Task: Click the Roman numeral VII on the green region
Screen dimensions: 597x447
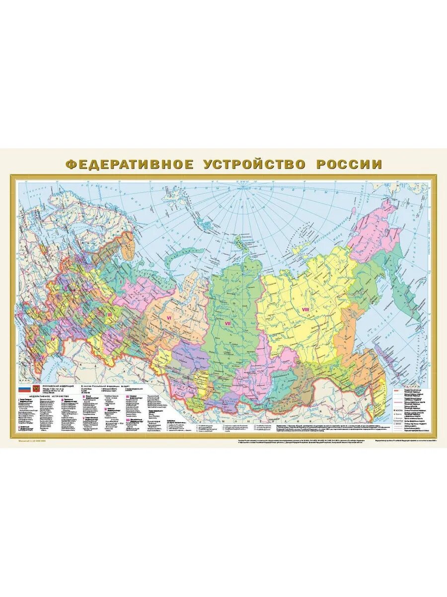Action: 228,323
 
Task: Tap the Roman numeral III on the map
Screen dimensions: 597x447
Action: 109,315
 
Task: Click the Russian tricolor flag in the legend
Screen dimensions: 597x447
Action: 24,390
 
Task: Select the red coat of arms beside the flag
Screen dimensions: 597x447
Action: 36,390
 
